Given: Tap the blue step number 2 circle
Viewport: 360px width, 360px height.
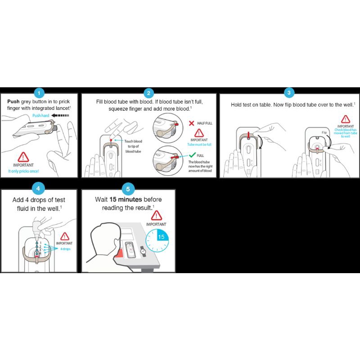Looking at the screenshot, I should pyautogui.click(x=149, y=93).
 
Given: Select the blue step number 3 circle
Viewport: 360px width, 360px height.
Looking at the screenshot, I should pyautogui.click(x=289, y=93).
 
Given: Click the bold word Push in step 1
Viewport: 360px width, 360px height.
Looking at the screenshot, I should pyautogui.click(x=15, y=102).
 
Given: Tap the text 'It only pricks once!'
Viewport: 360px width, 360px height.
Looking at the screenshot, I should pyautogui.click(x=24, y=171).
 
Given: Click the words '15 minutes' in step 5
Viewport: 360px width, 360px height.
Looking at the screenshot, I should pyautogui.click(x=126, y=199).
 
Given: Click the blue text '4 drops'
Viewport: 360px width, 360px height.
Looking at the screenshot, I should pyautogui.click(x=65, y=248).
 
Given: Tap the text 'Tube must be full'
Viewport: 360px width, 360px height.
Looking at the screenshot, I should pyautogui.click(x=199, y=144).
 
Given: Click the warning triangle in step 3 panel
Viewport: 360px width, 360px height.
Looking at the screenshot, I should pyautogui.click(x=346, y=119).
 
